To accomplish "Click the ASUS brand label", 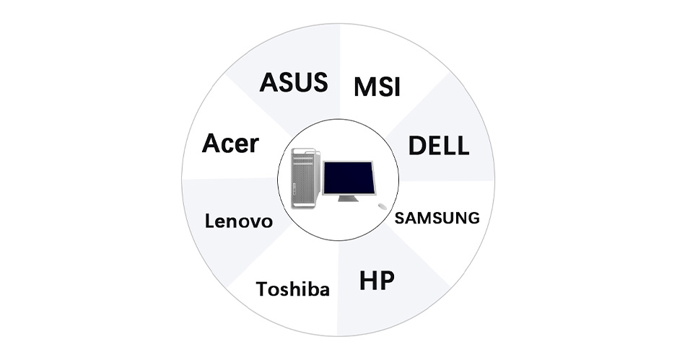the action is pos(294,82).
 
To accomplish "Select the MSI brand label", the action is pos(377,87).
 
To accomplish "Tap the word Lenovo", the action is pos(239,221).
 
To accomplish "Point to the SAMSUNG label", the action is pos(437,218).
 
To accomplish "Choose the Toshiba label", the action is pos(293,289).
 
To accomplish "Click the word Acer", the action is pos(230,144).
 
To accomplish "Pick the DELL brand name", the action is pos(439,146).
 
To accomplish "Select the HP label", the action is pos(377,281).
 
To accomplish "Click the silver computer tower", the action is pos(306,178).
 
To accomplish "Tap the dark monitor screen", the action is pos(349,177).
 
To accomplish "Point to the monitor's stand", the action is pos(348,198).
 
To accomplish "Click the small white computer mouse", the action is pos(382,206).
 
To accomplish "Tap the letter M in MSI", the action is pos(364,87).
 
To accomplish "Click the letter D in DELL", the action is pos(416,146).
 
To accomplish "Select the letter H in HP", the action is pos(368,281).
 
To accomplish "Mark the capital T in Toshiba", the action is pos(263,289).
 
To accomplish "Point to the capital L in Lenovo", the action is pos(209,221).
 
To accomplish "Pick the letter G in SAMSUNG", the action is pos(473,218).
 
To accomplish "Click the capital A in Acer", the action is pos(211,144).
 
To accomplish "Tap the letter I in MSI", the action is pos(397,87).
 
